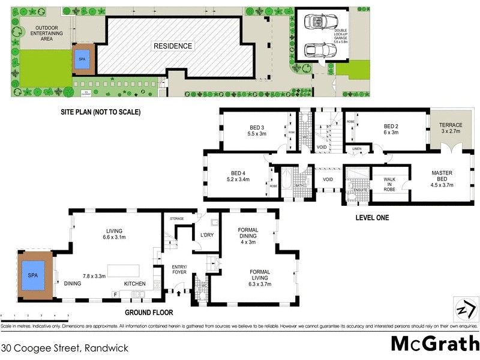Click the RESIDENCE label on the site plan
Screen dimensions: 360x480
[x=172, y=46]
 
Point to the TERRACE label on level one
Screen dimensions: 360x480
[x=451, y=125]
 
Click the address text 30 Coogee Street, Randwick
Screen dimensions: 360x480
[x=64, y=347]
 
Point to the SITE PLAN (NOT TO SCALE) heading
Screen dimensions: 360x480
[x=100, y=112]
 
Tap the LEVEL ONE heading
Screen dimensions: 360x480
[x=372, y=218]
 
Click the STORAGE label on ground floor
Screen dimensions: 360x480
[x=178, y=218]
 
